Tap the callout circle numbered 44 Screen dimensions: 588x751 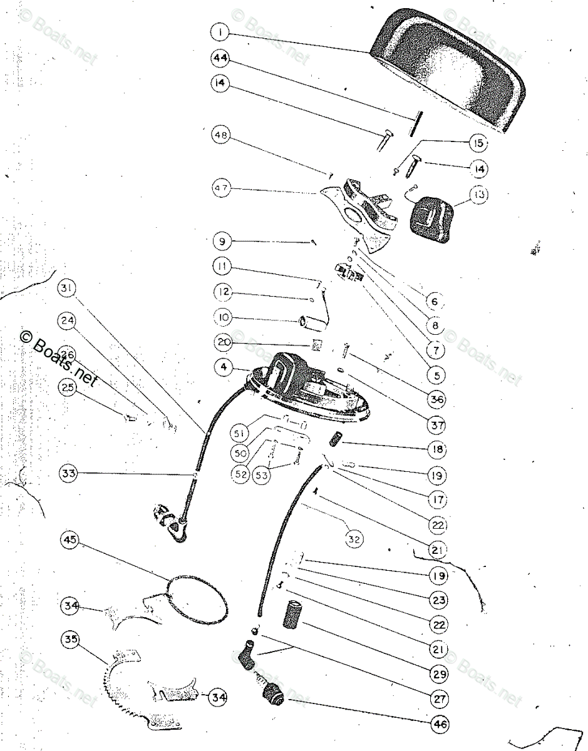click(x=220, y=58)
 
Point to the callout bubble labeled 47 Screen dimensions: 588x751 click(x=221, y=188)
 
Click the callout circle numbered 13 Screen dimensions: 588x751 click(x=479, y=195)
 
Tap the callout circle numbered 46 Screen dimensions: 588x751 click(x=439, y=725)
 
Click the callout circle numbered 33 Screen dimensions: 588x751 click(x=70, y=474)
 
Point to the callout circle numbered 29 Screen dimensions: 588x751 click(x=439, y=674)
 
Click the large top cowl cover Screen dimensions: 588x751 click(x=451, y=75)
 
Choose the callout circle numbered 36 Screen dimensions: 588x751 click(x=436, y=399)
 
